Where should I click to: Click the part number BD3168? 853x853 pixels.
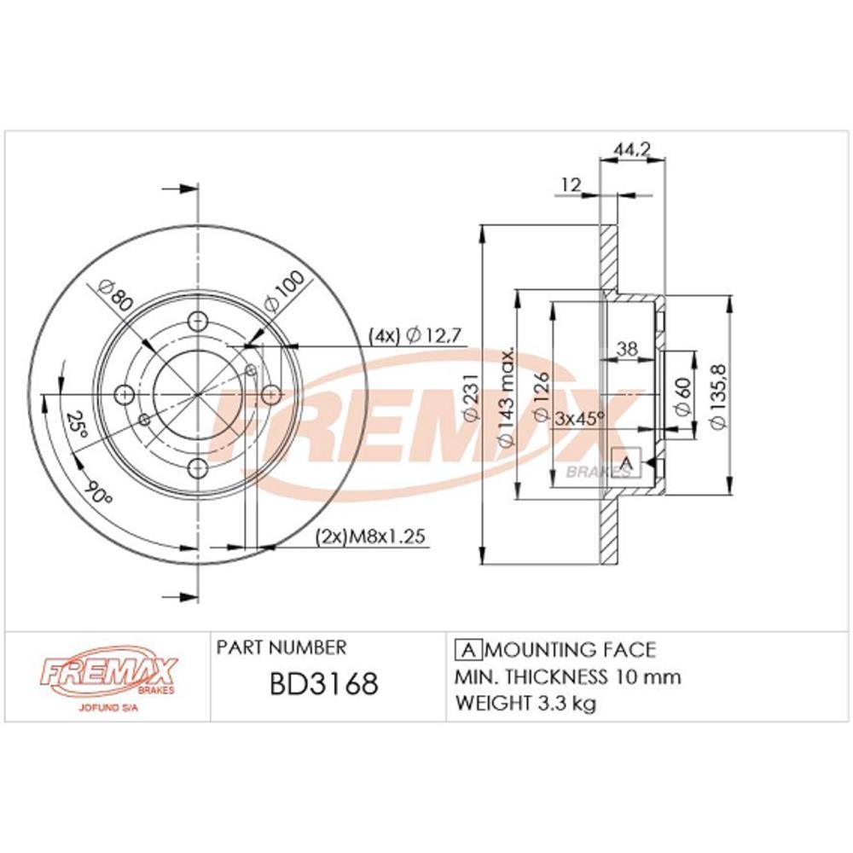323,685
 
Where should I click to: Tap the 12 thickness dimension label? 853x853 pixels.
571,183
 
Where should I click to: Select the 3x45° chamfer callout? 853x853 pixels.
579,418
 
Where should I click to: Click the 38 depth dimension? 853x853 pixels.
627,348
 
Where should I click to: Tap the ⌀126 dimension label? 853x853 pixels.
540,397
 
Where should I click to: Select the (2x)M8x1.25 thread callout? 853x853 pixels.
370,537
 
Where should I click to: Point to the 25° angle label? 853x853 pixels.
78,424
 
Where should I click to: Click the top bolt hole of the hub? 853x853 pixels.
198,322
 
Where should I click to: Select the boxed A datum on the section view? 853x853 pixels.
627,463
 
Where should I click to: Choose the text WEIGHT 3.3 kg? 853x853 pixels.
525,704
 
